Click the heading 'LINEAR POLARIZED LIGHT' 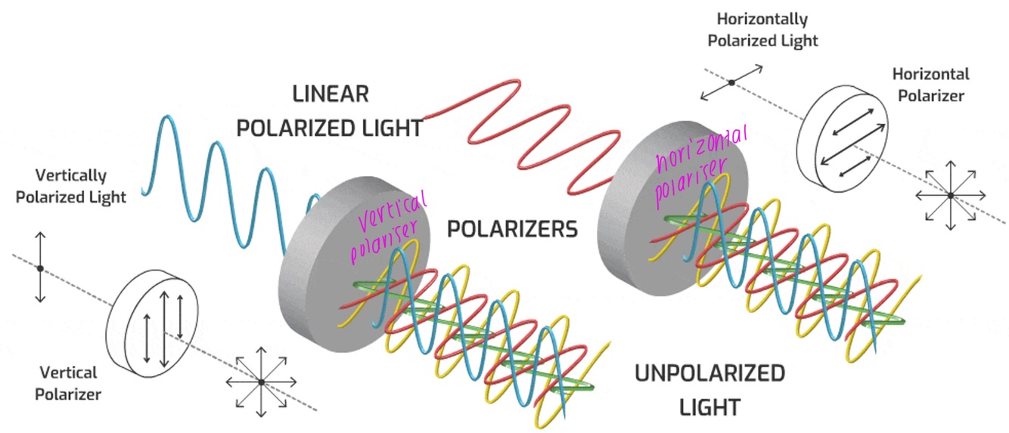click(330, 111)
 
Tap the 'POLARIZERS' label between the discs click(512, 229)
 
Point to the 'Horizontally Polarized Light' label click(762, 29)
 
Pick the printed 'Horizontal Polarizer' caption click(930, 85)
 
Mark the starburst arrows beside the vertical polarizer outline click(261, 382)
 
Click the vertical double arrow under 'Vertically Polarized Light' click(41, 268)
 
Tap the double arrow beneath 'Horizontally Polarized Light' click(731, 82)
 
